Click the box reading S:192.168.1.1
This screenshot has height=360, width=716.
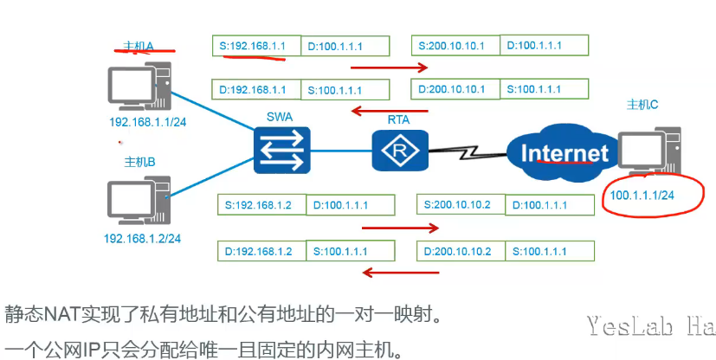pos(255,46)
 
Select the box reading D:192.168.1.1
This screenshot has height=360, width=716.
pos(255,89)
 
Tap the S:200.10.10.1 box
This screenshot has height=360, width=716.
pos(456,45)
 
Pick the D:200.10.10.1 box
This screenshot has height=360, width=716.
pos(456,88)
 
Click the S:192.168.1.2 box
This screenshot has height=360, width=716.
pos(261,205)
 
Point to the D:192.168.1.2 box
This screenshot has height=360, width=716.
pos(261,251)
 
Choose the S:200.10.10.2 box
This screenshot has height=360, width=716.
pos(460,204)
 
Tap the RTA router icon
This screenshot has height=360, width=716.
pos(400,151)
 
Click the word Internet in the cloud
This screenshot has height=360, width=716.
pos(564,153)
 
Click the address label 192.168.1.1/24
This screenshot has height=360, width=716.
pos(148,122)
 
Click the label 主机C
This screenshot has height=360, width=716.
pos(642,105)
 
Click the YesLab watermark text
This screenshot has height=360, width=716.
pos(649,326)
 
